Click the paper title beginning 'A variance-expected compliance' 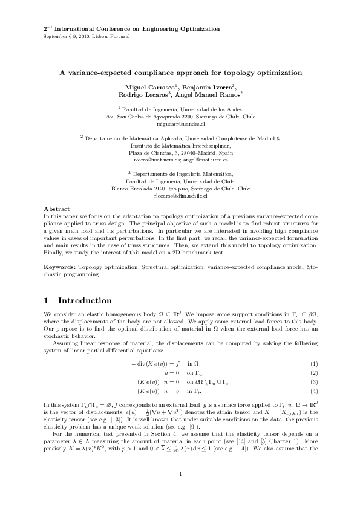coord(180,73)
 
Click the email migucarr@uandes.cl coord(180,123)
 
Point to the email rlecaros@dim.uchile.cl coord(180,196)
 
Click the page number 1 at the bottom coord(180,473)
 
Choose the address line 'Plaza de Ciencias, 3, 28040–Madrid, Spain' coord(180,152)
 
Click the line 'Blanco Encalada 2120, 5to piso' coord(180,189)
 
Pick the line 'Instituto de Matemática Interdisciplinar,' coord(180,145)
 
